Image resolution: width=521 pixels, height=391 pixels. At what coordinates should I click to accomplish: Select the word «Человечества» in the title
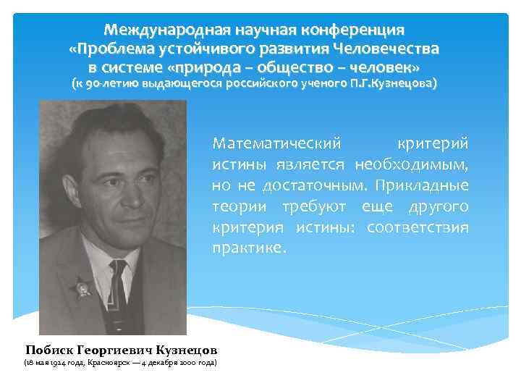[x=386, y=49]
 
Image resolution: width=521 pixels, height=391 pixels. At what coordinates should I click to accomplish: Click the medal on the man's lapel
[x=82, y=288]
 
